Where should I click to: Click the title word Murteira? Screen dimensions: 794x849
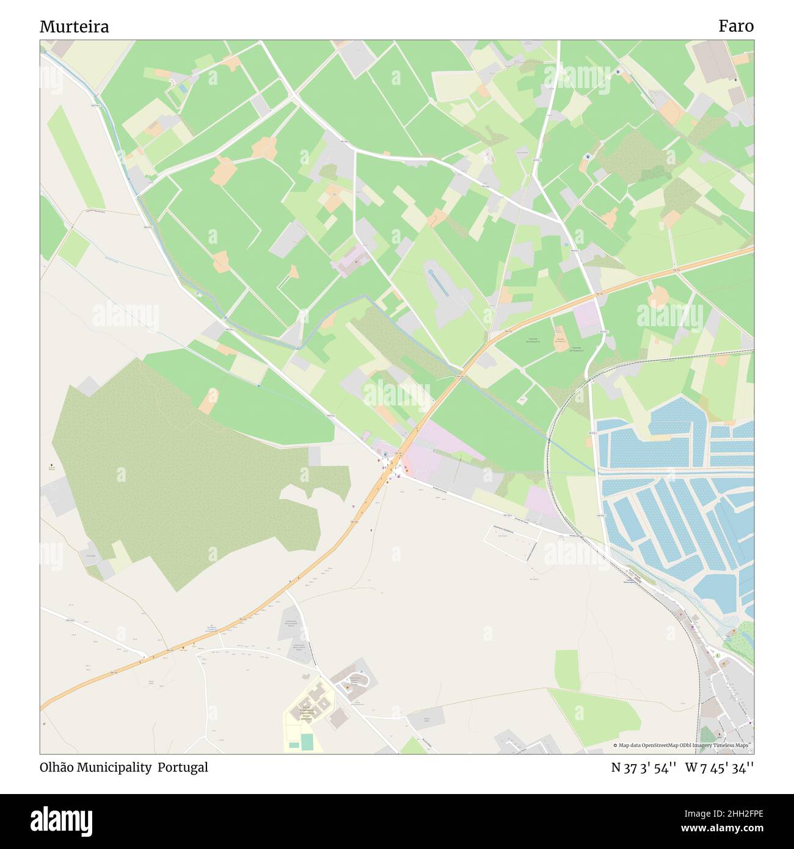point(75,27)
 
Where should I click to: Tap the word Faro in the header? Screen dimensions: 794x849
point(736,26)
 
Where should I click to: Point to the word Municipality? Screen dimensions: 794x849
point(116,767)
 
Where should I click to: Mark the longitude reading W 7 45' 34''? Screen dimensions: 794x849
point(719,768)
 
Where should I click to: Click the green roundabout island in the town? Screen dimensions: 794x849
point(718,656)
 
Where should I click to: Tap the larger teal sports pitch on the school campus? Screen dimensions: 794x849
point(307,742)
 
